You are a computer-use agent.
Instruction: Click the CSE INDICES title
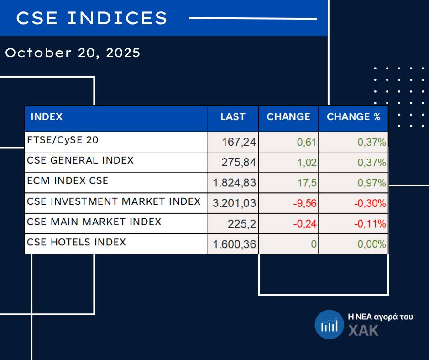(92, 18)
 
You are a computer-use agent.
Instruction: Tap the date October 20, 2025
(73, 53)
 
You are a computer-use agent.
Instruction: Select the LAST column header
(233, 117)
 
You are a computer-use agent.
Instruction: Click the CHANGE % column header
(353, 117)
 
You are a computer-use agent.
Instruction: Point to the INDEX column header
(47, 117)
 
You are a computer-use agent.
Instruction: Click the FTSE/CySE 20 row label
(63, 140)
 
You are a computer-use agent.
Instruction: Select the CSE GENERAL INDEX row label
(80, 160)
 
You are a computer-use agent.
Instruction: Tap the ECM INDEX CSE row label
(68, 180)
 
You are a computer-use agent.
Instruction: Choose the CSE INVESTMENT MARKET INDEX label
(114, 201)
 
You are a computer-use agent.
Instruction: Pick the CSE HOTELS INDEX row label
(76, 242)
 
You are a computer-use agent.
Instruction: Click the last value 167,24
(239, 143)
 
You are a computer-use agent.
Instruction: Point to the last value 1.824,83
(235, 183)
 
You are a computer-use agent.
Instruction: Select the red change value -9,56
(304, 204)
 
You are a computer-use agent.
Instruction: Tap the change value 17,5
(307, 183)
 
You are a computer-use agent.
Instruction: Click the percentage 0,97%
(372, 183)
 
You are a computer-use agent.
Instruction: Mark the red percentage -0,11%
(370, 224)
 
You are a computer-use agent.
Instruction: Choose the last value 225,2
(242, 224)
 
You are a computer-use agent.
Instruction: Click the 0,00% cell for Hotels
(372, 244)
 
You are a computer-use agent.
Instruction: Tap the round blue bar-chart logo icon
(329, 325)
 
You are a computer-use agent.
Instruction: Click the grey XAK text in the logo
(364, 331)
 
